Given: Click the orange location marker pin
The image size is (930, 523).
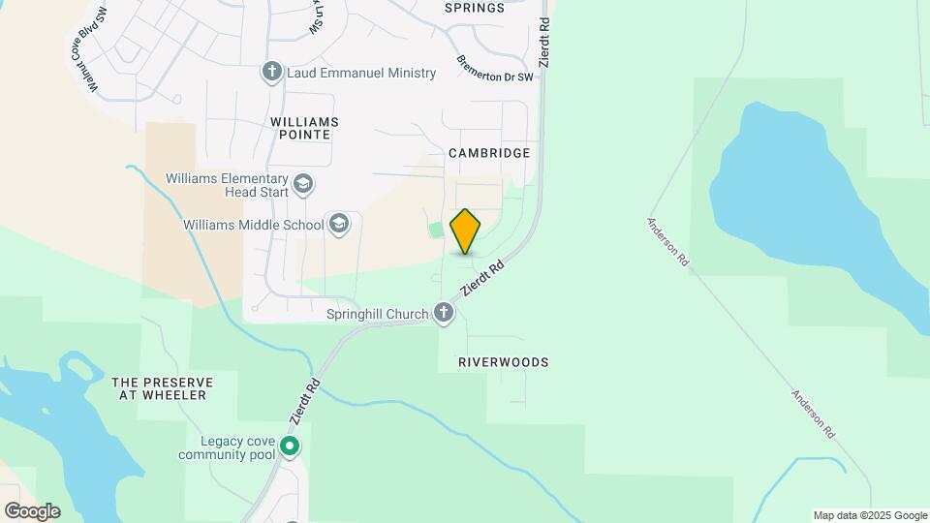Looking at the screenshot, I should tap(466, 231).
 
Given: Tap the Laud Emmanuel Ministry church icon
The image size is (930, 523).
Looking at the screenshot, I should tap(271, 72).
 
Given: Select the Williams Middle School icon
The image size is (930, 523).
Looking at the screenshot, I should tap(338, 225).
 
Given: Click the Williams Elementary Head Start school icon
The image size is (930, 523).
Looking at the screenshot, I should tap(303, 184).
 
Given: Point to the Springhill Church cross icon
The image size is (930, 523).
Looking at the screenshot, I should tap(444, 313).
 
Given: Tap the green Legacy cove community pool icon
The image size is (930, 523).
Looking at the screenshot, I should tap(290, 446).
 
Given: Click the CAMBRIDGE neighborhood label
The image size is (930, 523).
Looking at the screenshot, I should tap(489, 153).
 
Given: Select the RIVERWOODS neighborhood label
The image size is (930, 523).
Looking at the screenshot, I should tap(504, 362).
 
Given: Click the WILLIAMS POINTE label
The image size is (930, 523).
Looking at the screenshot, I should tap(305, 128).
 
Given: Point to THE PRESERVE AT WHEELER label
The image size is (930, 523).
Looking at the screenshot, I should tap(163, 388).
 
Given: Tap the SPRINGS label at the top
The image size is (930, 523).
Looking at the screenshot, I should tap(475, 8).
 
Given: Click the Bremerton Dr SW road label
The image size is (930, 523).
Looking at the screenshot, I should tap(496, 68).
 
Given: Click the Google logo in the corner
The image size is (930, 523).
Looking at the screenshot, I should tap(31, 511).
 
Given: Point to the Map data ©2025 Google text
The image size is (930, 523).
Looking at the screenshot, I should tap(870, 515).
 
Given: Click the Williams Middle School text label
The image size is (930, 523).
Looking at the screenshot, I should tap(253, 225).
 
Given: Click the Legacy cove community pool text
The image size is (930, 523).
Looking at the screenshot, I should tap(227, 446).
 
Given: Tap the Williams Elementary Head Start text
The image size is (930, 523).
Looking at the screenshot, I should tap(227, 185).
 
